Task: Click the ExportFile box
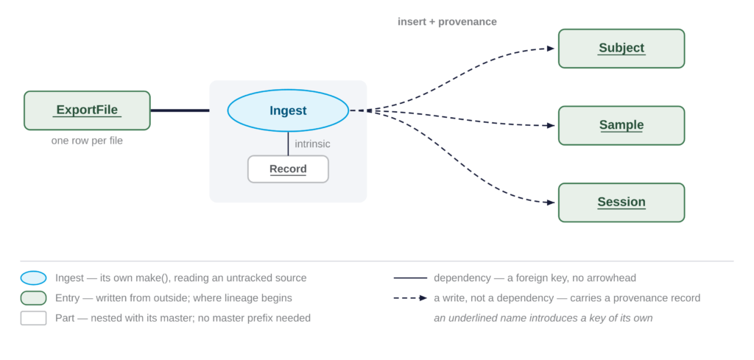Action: [x=87, y=110]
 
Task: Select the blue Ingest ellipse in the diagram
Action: [x=288, y=110]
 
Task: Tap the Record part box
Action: [x=288, y=169]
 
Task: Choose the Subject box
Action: [x=621, y=49]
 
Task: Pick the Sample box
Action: [x=621, y=125]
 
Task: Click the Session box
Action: [x=621, y=202]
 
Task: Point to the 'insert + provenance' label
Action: [x=447, y=21]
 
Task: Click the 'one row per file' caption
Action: [x=87, y=141]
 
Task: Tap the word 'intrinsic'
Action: [x=312, y=144]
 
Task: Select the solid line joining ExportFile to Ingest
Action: [x=180, y=110]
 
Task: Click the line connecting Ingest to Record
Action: [x=288, y=144]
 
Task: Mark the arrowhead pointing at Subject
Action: [x=551, y=48]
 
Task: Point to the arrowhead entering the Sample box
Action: [x=551, y=125]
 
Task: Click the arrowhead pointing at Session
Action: [x=551, y=202]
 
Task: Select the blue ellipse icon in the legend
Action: [x=33, y=278]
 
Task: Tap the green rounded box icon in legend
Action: [x=33, y=298]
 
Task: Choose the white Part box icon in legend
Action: [x=33, y=318]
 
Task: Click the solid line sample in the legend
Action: [x=410, y=278]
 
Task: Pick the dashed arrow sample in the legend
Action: [x=410, y=298]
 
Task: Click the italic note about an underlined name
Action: [x=543, y=318]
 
